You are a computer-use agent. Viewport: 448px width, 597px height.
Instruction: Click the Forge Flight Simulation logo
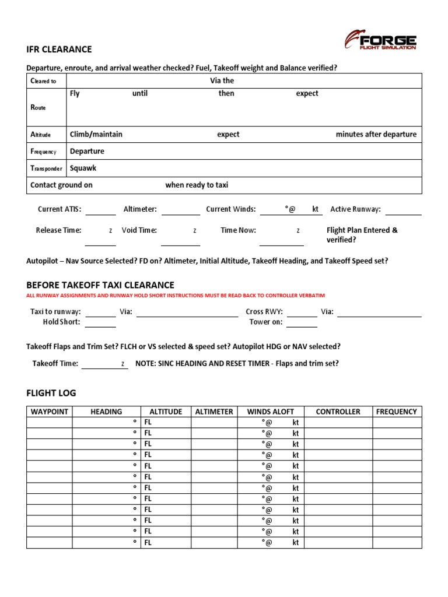pos(380,40)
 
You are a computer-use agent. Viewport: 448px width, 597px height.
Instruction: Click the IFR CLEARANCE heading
pos(59,50)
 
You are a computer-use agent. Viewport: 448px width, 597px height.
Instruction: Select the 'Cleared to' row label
pos(43,81)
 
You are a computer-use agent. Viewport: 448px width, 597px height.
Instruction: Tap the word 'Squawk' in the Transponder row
pos(83,168)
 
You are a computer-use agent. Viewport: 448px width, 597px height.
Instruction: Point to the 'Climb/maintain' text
pos(96,134)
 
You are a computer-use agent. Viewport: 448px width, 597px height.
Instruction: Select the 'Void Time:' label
pos(139,230)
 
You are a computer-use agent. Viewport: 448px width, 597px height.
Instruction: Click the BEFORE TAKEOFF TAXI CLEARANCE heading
pos(100,285)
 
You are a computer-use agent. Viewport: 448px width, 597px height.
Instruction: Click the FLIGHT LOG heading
pos(51,393)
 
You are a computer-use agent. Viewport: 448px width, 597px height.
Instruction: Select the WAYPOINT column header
pos(50,412)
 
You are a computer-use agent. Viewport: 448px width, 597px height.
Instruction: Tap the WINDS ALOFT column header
pos(271,412)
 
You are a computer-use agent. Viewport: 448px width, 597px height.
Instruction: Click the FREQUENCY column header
pos(397,412)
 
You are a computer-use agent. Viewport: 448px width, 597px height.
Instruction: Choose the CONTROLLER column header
pos(338,412)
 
